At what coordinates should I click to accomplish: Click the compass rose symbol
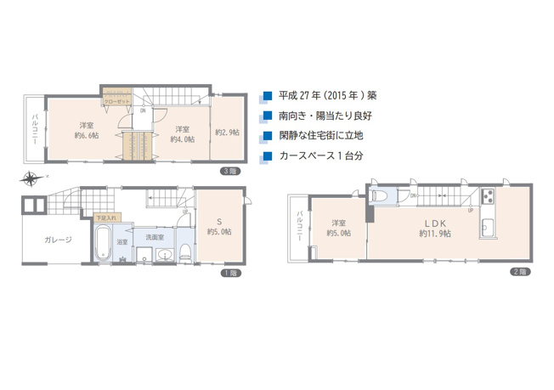point(32,178)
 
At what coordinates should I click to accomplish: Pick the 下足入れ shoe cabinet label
point(106,218)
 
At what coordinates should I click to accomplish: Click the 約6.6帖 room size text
point(86,135)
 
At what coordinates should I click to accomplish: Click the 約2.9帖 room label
point(227,133)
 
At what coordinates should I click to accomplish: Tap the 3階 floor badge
point(229,171)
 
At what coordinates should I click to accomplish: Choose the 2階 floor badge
point(519,272)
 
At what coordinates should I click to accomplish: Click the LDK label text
point(434,223)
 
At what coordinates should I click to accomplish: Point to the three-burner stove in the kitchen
point(490,197)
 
